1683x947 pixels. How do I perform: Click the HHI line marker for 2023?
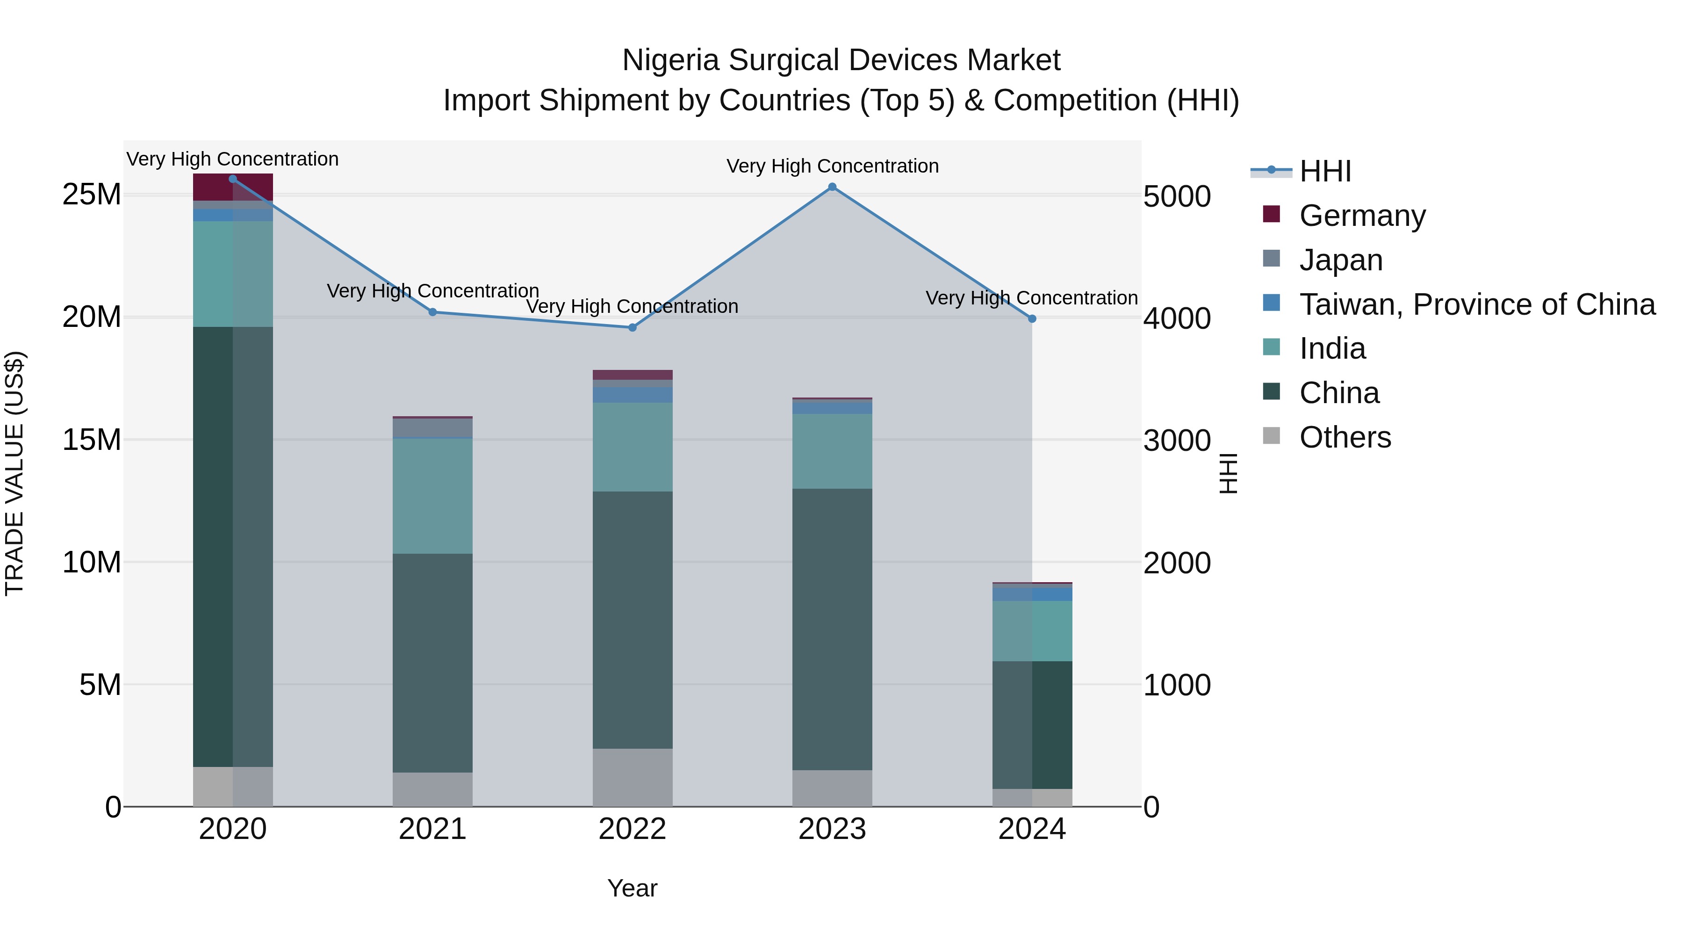(832, 187)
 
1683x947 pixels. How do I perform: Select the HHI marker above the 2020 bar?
(233, 179)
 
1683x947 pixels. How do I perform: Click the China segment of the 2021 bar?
(432, 663)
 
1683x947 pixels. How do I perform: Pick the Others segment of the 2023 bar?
(832, 788)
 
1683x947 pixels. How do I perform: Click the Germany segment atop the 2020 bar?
(233, 188)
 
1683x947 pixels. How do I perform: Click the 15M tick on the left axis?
(92, 440)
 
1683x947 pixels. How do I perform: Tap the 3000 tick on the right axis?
(1177, 441)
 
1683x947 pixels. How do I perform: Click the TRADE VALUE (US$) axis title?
(15, 473)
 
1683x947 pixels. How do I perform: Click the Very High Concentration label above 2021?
(432, 291)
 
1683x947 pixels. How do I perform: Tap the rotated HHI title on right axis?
(1228, 473)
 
